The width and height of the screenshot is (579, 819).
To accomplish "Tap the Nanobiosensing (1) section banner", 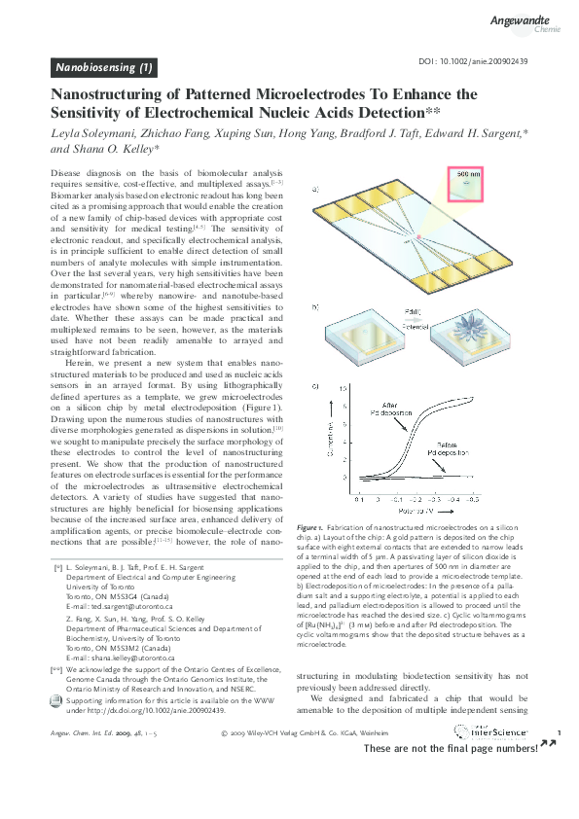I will coord(104,67).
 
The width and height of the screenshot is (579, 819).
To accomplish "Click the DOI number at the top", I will coord(472,60).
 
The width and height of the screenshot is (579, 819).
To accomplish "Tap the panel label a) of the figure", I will coord(316,192).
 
